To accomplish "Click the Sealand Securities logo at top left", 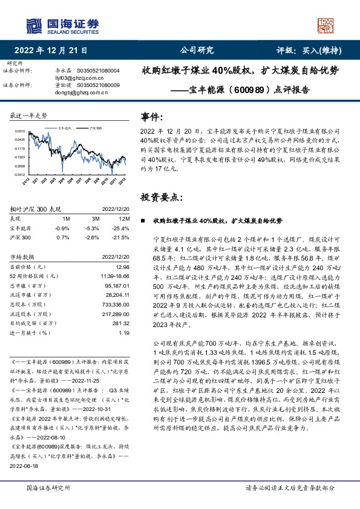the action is tap(61, 25).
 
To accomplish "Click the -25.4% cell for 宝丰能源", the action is tap(121, 228).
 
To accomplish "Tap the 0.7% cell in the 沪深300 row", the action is tap(62, 238).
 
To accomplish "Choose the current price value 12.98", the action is tap(122, 266).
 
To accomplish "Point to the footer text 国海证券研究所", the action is tap(48, 487).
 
